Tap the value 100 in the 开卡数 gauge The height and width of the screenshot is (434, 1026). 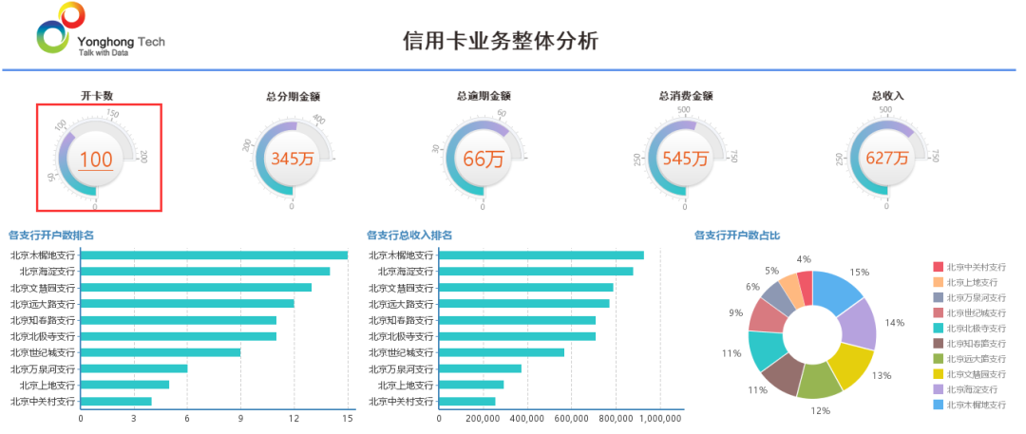point(96,160)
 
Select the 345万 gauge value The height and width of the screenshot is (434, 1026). point(292,159)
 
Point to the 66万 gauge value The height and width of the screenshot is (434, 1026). point(483,159)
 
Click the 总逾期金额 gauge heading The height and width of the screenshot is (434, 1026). point(484,96)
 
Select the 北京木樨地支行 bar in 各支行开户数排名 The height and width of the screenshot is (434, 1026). point(214,255)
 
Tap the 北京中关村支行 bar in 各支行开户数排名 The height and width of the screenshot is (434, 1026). point(116,401)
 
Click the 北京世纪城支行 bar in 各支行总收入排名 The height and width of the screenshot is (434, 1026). point(502,352)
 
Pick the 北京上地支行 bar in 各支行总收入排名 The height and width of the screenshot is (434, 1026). point(471,385)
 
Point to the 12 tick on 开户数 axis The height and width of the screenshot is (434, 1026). point(294,418)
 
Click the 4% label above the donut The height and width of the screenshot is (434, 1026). point(804,259)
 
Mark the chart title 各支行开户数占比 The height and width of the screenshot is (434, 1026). point(737,235)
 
